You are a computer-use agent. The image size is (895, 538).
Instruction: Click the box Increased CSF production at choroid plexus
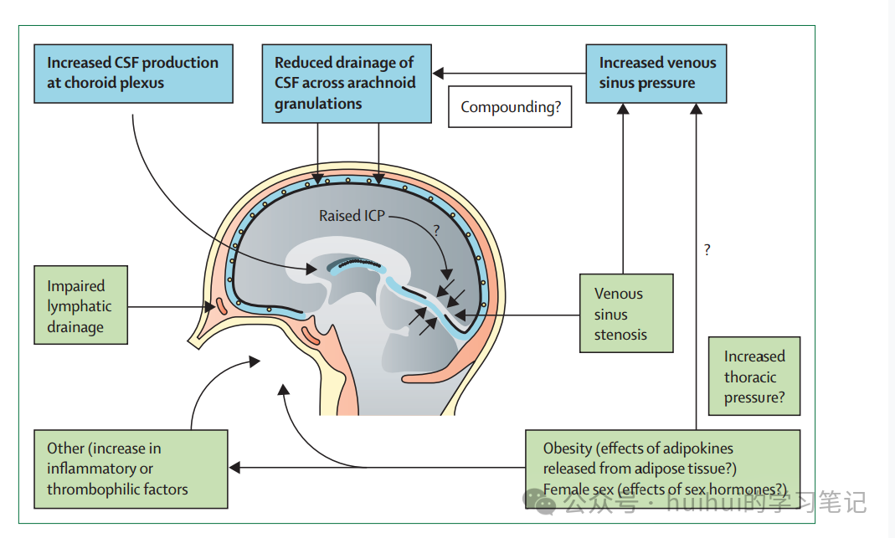pos(133,73)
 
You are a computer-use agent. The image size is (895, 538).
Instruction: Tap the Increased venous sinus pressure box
pos(656,73)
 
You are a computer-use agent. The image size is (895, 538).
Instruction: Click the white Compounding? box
pos(510,107)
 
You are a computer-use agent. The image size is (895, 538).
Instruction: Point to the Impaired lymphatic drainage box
pos(80,305)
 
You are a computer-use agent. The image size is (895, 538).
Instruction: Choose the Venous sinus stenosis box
pos(626,314)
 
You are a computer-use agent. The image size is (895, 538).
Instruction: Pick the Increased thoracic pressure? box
pos(754,377)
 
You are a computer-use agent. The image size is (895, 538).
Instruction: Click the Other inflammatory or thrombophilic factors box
pos(131,469)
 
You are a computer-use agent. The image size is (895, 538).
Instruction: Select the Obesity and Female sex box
pos(663,469)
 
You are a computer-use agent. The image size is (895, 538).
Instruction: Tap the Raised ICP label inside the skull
pos(352,216)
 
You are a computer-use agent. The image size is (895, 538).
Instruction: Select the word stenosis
pos(620,335)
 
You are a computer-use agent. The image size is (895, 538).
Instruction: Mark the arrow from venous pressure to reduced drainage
pos(509,73)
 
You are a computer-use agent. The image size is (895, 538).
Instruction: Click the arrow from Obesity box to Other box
pos(377,467)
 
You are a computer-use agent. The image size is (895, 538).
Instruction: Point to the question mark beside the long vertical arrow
pos(707,250)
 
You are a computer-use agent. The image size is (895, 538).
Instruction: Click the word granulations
pos(318,104)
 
